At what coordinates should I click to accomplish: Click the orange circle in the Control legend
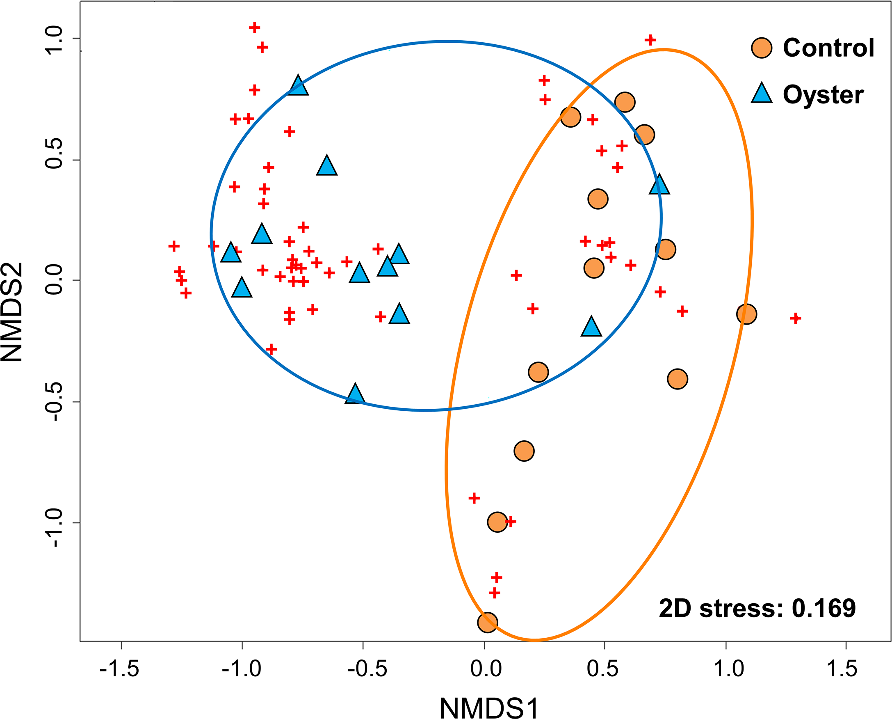(x=762, y=48)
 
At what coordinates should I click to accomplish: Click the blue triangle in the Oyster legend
(x=762, y=94)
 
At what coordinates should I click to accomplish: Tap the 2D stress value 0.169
(x=824, y=609)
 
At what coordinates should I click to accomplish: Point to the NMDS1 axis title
(x=490, y=708)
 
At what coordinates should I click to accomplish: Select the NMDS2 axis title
(x=11, y=312)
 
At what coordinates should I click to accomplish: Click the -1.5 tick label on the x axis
(x=120, y=669)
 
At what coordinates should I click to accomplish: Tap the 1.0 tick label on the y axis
(x=54, y=39)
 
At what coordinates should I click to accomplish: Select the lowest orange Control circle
(x=487, y=623)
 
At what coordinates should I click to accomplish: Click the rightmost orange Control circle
(x=747, y=314)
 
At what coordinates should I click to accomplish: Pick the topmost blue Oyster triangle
(x=298, y=86)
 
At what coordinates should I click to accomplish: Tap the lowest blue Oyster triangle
(x=355, y=394)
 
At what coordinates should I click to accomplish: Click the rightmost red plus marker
(x=795, y=318)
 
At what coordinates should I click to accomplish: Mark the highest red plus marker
(x=255, y=28)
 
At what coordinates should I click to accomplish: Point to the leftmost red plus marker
(x=174, y=246)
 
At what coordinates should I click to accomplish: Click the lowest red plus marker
(x=494, y=593)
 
